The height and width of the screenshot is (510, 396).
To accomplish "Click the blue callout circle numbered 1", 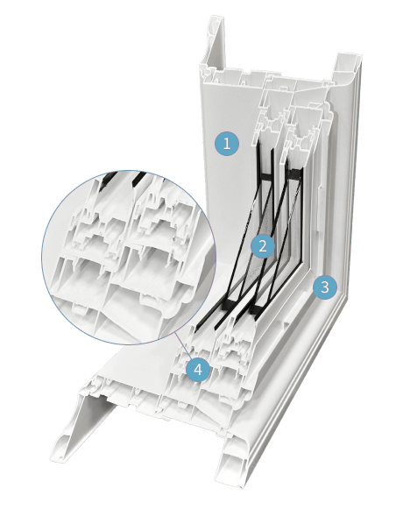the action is (x=227, y=143).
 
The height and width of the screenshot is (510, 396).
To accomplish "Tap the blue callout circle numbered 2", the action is (x=263, y=246).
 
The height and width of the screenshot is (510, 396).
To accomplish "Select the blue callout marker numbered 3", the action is (x=325, y=287).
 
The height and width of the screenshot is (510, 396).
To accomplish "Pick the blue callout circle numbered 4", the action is (x=198, y=369).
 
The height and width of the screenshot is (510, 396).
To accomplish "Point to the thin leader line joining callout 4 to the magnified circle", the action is (x=182, y=346).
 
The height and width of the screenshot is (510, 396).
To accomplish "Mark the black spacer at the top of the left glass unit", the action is (x=265, y=176).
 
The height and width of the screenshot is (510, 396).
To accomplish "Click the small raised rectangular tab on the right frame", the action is (x=319, y=209).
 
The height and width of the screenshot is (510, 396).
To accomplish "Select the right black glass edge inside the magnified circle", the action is (x=138, y=179).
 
